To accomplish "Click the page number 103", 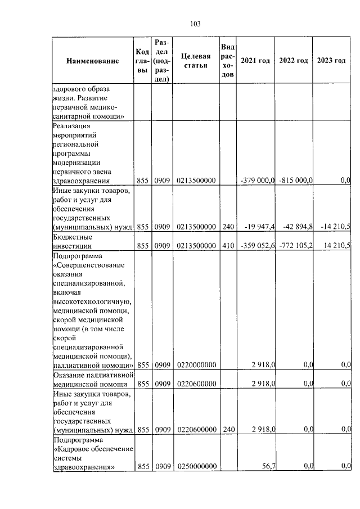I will (196, 24).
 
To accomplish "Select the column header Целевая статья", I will (196, 61).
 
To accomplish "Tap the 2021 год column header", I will (255, 61).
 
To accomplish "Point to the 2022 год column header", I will (294, 61).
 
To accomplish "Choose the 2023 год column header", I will (331, 61).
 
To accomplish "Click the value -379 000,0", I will (256, 180).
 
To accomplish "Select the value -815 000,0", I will (295, 180).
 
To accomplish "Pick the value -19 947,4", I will (259, 227).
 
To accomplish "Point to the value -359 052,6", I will (256, 246).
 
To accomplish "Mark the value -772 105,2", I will (295, 246).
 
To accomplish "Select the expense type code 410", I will (227, 246).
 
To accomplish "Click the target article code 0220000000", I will (196, 365).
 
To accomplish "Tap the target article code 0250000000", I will (196, 466).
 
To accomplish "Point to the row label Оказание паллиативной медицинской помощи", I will (92, 379).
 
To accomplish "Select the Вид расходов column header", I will (227, 61).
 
